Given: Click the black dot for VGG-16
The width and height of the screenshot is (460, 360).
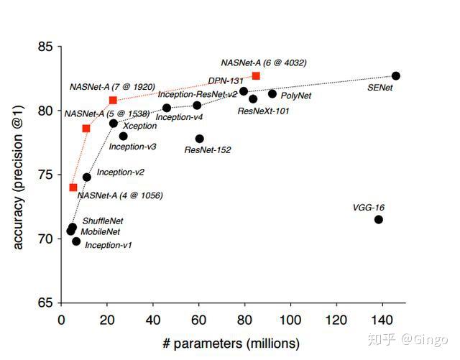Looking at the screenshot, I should (x=379, y=219).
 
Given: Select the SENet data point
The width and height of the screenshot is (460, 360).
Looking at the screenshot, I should (x=396, y=75).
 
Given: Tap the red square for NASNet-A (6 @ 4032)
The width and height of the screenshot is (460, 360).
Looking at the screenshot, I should (x=256, y=75).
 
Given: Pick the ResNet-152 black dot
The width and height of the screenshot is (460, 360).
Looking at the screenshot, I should (x=199, y=139).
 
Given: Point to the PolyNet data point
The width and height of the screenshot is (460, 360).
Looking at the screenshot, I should (x=272, y=93).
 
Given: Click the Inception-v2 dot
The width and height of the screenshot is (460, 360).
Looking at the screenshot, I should (x=87, y=177).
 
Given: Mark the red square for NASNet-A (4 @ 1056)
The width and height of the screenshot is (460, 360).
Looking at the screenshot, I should (x=73, y=188).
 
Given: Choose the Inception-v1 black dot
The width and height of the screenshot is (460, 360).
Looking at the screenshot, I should (x=76, y=241).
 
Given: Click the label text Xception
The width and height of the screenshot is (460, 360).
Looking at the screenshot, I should (x=140, y=125).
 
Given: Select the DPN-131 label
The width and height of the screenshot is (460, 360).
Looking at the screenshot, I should (x=224, y=80).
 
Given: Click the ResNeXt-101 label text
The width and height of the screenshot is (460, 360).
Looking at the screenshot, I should (x=263, y=111).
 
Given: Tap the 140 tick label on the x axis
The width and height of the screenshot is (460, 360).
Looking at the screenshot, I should (x=382, y=318).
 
